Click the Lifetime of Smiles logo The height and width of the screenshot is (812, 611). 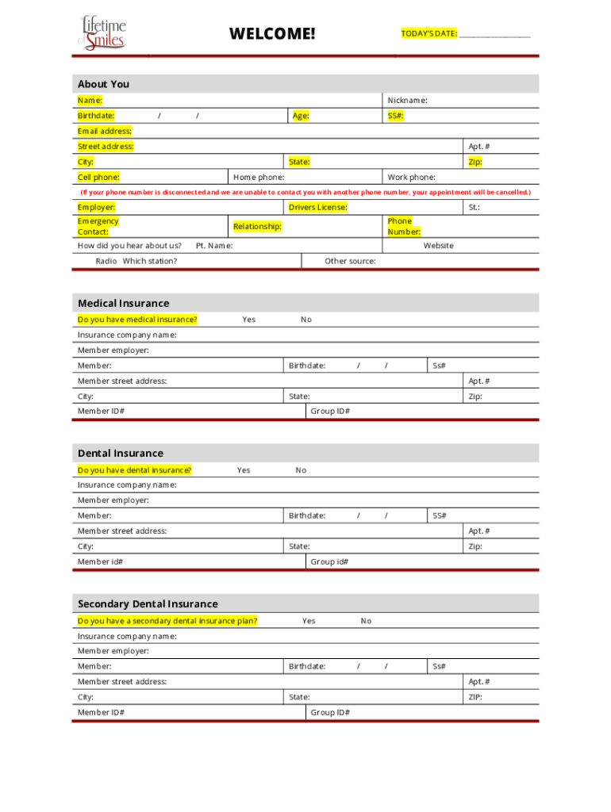click(x=102, y=33)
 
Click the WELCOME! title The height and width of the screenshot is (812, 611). click(x=272, y=33)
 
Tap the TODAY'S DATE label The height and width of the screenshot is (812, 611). click(x=428, y=33)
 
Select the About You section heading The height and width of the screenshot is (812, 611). click(x=103, y=84)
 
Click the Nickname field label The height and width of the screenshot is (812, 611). click(x=407, y=100)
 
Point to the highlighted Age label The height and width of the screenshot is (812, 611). click(x=301, y=116)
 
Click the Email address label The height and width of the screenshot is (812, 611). click(x=104, y=131)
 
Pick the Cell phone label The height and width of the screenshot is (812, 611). click(x=98, y=177)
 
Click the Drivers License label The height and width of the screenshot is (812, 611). click(x=317, y=207)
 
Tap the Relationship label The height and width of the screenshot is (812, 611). click(x=257, y=227)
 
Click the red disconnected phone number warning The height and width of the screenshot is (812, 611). click(x=305, y=192)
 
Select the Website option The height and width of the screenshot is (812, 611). click(x=438, y=246)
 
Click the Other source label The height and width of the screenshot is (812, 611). click(x=350, y=261)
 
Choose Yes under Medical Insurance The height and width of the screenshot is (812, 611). click(x=248, y=320)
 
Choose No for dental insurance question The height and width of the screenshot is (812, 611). click(x=301, y=470)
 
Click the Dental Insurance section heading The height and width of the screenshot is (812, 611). click(x=120, y=454)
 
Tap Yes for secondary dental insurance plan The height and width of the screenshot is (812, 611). click(x=308, y=621)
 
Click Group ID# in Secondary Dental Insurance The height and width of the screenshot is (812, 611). click(x=330, y=712)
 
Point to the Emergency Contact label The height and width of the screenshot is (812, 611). click(x=98, y=227)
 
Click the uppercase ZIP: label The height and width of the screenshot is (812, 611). click(x=475, y=697)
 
